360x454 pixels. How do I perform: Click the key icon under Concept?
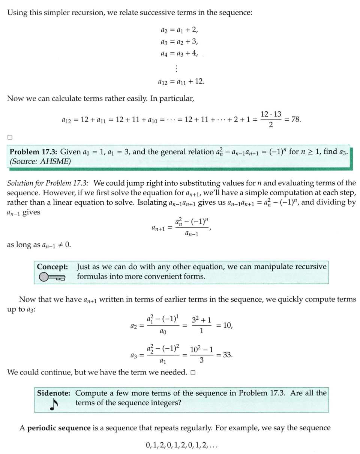click(52, 277)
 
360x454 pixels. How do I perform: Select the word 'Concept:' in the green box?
click(52, 267)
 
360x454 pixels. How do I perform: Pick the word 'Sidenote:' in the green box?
click(55, 393)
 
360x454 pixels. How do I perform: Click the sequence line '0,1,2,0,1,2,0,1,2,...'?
click(182, 446)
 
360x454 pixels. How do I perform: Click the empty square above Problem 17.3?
click(10, 136)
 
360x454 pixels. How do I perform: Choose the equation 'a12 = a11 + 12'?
click(181, 81)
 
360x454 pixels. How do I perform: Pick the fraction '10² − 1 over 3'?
click(202, 355)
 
